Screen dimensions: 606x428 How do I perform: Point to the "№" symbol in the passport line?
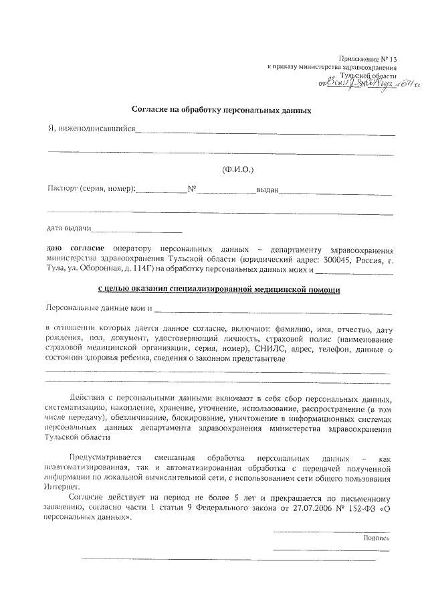point(191,189)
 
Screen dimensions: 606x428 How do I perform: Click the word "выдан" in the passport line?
point(267,190)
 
